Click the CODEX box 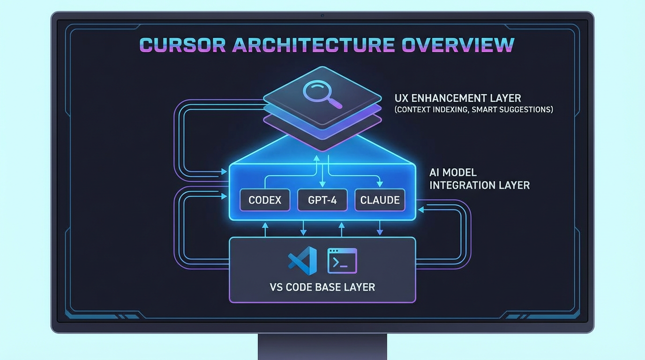coord(265,200)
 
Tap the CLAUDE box coord(380,200)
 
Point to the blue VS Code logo coord(302,261)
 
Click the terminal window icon coord(342,261)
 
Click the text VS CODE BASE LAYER coord(322,287)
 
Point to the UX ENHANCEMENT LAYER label coord(458,98)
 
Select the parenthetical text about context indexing coord(473,110)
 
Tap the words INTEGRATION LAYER coord(480,185)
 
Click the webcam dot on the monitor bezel coord(322,15)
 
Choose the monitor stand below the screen coord(322,346)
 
